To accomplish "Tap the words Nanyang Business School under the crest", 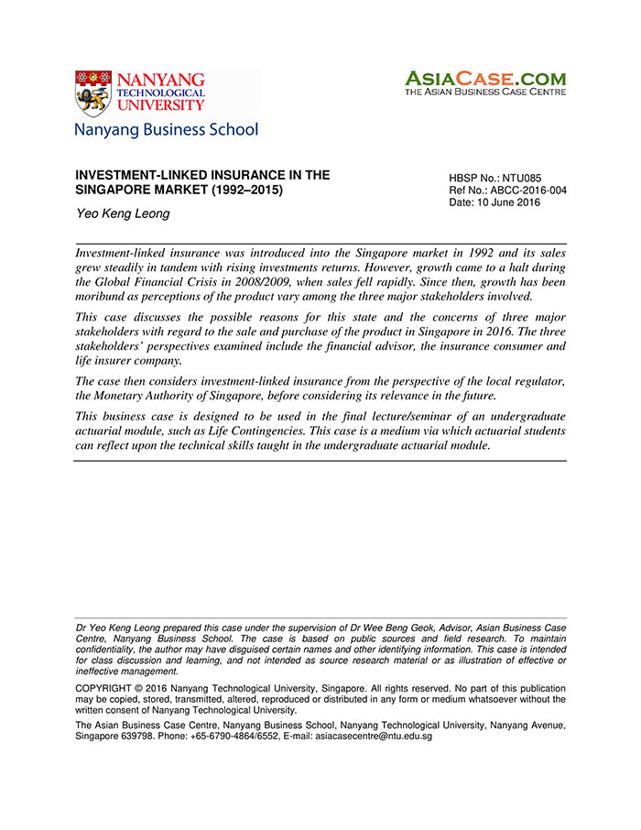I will coord(166,130).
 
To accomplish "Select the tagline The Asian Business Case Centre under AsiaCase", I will coord(485,92).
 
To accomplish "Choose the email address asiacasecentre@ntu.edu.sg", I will coord(359,736).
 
